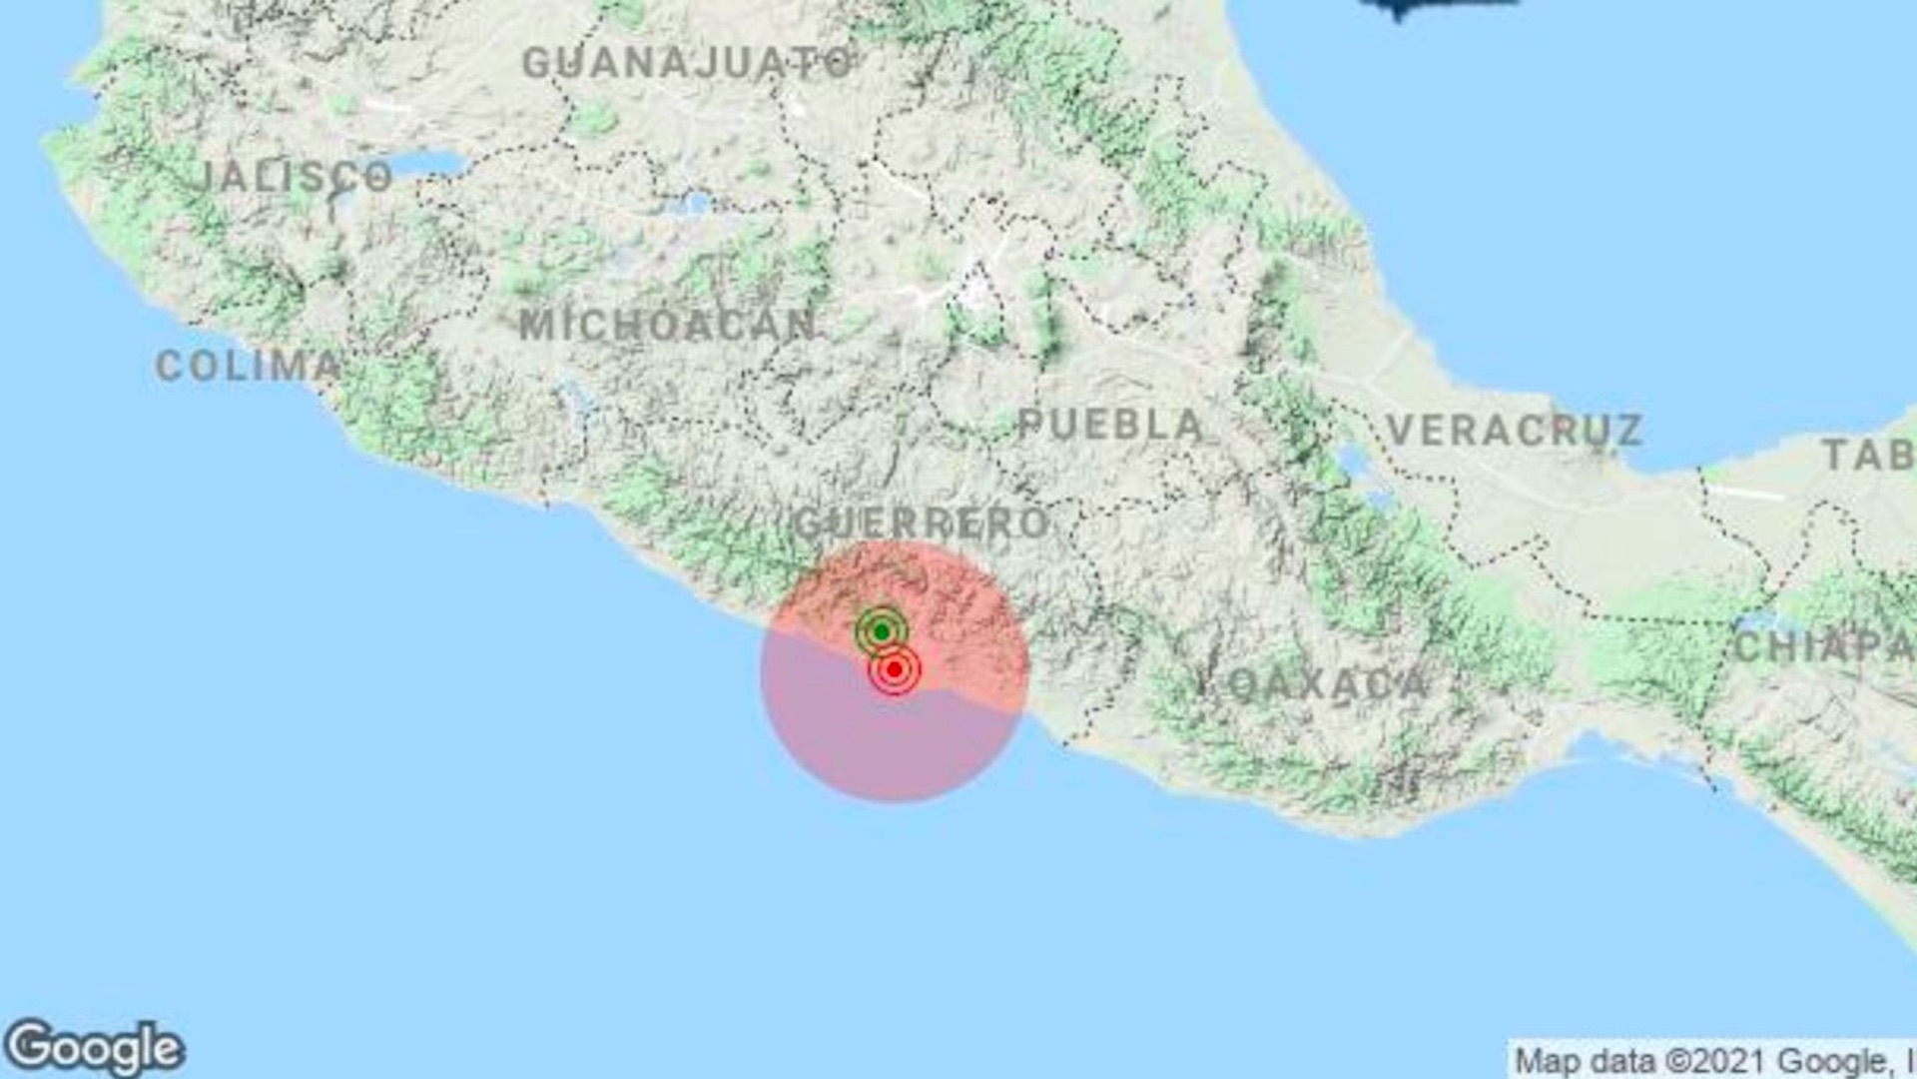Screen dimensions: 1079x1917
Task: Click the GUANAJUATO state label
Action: pyautogui.click(x=687, y=63)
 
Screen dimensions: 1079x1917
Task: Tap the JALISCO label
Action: pyautogui.click(x=296, y=177)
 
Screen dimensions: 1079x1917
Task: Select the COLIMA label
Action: pyautogui.click(x=249, y=366)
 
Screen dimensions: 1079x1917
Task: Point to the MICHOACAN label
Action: pyautogui.click(x=667, y=325)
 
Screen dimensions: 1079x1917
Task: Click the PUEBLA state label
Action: pyautogui.click(x=1110, y=426)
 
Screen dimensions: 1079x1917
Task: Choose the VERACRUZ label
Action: pyautogui.click(x=1515, y=431)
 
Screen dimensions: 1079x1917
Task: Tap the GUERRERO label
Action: pyautogui.click(x=922, y=523)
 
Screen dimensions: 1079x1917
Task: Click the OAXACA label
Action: pyautogui.click(x=1328, y=684)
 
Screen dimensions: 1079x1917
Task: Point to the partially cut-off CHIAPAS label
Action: pyautogui.click(x=1824, y=646)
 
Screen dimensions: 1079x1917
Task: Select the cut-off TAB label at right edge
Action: pyautogui.click(x=1868, y=456)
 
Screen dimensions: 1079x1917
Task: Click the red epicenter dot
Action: pyautogui.click(x=895, y=668)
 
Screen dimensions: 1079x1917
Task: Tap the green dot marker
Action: pyautogui.click(x=882, y=631)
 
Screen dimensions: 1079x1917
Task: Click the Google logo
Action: pyautogui.click(x=94, y=1049)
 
